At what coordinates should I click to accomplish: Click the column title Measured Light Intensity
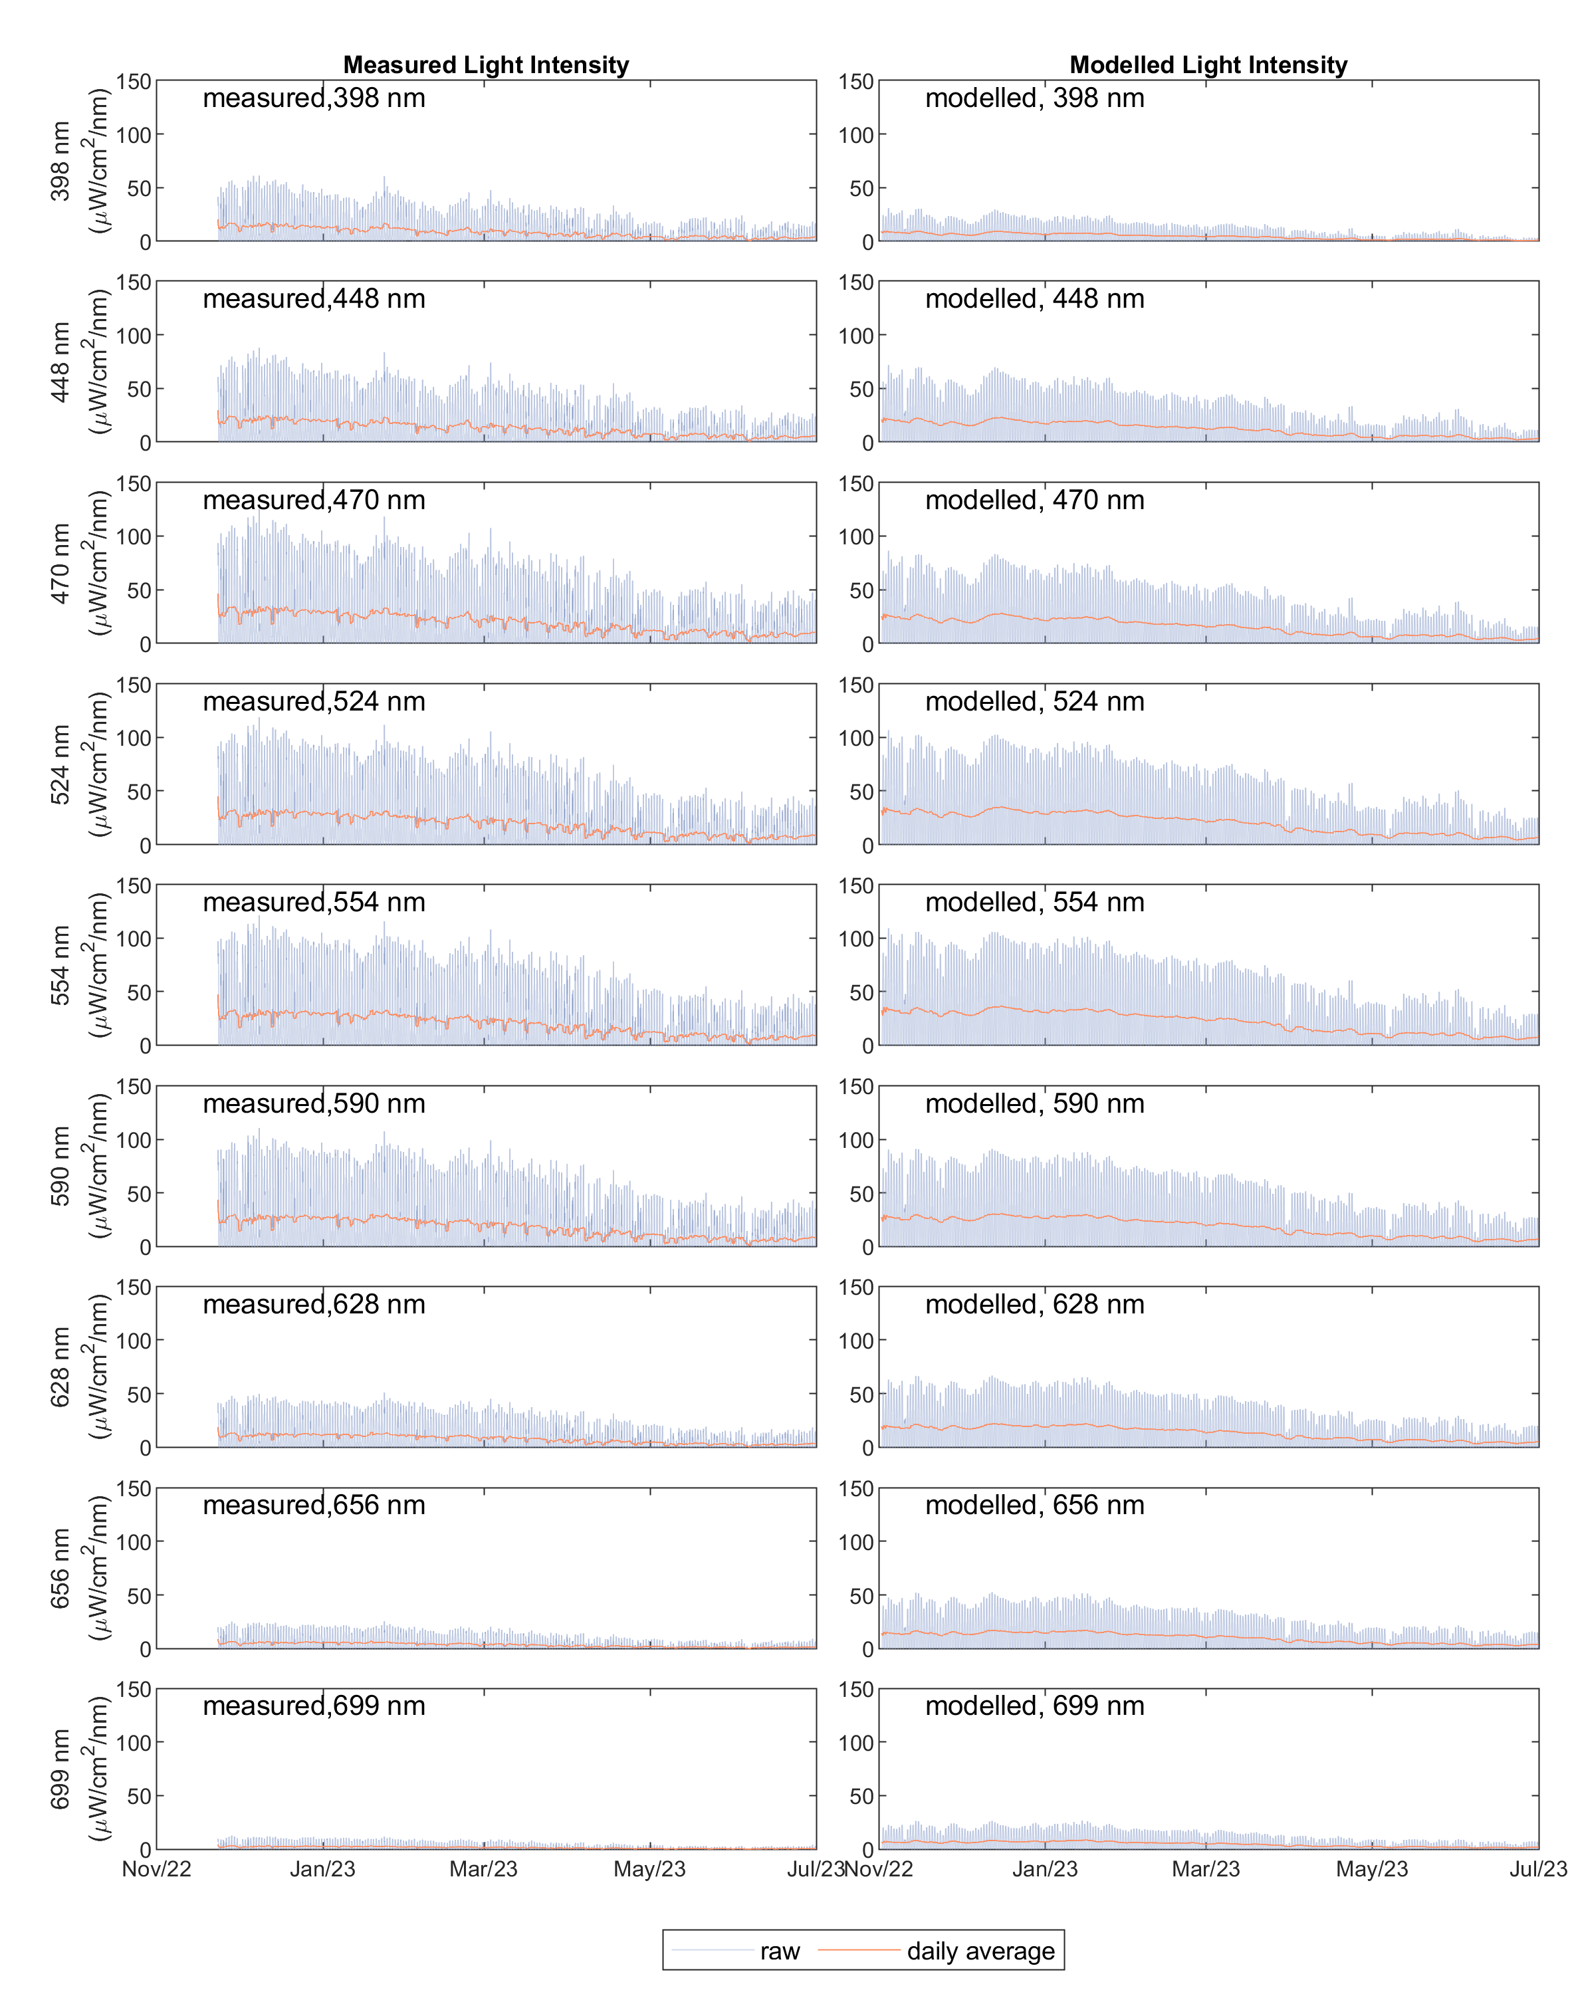pos(486,65)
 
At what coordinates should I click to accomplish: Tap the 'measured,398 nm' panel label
pos(314,98)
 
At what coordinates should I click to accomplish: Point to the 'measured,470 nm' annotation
pos(314,501)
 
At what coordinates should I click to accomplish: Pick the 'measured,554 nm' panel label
pos(314,903)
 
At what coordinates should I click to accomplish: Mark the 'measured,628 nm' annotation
pos(314,1305)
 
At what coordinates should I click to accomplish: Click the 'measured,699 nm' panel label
pos(314,1706)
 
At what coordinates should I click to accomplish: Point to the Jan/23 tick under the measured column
pos(322,1869)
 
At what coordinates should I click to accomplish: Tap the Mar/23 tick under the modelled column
pos(1206,1869)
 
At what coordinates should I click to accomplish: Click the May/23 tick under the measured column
pos(649,1869)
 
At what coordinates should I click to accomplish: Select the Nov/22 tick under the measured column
pos(156,1869)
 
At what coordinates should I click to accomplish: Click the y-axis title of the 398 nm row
pos(78,161)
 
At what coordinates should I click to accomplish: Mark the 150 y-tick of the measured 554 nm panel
pos(134,886)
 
